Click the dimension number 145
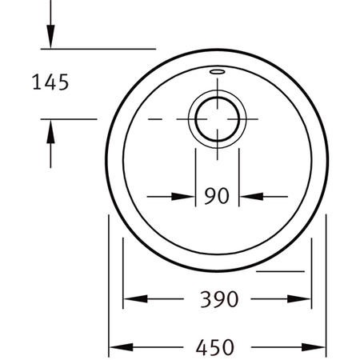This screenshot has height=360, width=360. pos(50,82)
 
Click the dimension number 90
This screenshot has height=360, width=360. pos(217,196)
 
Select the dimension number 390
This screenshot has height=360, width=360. pos(219,299)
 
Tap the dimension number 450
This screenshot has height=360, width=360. pos(215,347)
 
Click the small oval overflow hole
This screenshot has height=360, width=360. pos(217,71)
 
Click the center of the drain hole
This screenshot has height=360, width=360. pos(218,119)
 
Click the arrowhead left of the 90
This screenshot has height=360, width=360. pos(183,197)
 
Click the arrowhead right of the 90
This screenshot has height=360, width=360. pos(251,197)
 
